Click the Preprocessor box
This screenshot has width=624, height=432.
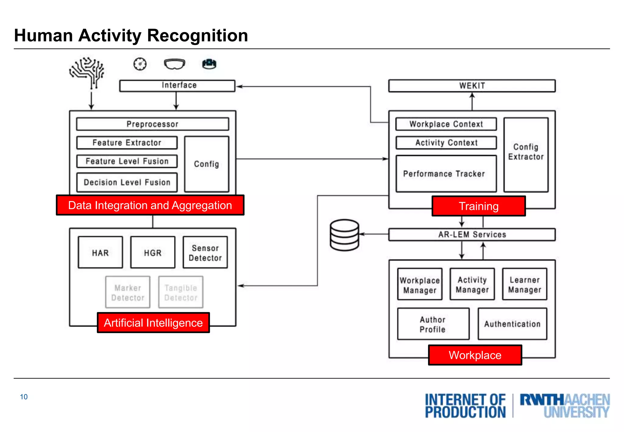point(152,124)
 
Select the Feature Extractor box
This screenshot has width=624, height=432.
point(127,143)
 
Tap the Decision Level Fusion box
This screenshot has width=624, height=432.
point(127,182)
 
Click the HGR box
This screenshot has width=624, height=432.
point(153,253)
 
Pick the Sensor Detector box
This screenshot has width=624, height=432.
point(205,253)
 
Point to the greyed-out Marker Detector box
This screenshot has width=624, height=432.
point(128,292)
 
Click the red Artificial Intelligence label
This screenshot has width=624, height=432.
point(153,323)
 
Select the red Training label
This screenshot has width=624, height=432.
point(478,206)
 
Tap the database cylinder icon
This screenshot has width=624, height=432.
point(344,235)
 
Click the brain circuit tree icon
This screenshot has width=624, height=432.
point(87,72)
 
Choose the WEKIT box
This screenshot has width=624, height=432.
point(472,86)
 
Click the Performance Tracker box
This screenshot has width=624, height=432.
point(446,174)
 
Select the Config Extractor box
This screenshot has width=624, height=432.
point(526,155)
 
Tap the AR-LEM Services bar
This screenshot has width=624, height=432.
point(472,235)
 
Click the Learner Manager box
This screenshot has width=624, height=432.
point(524,284)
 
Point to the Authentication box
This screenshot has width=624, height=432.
point(512,324)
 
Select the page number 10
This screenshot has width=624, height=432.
point(24,397)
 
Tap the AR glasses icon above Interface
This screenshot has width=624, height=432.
point(175,64)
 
